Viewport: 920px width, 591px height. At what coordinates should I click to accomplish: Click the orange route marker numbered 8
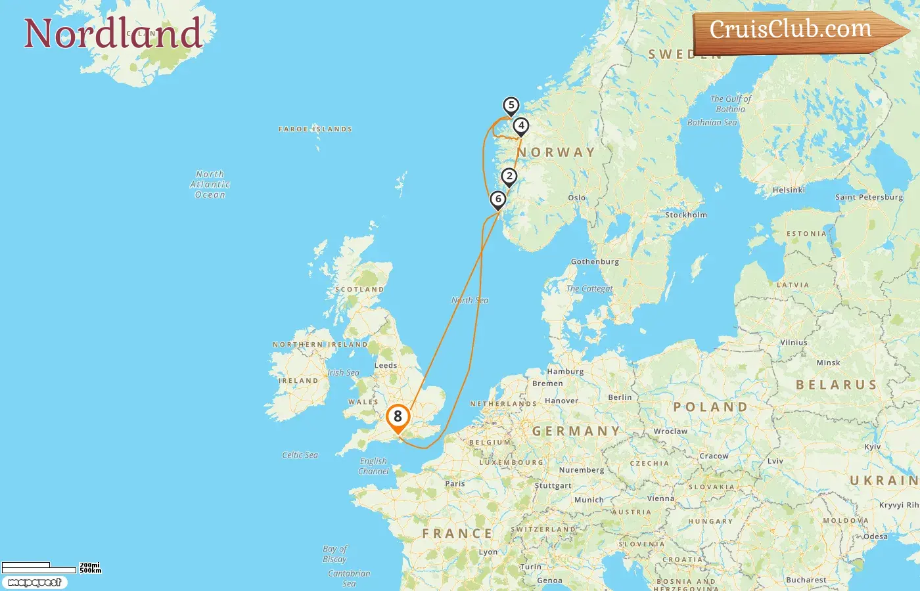point(398,416)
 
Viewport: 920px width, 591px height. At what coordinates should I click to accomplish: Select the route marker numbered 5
point(511,105)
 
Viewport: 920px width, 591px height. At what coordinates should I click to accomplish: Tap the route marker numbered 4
point(521,125)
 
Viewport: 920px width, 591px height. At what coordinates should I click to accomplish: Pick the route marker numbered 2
point(509,176)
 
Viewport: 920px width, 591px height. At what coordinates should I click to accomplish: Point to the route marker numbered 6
point(498,199)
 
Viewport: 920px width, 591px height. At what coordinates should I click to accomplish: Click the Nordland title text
point(112,33)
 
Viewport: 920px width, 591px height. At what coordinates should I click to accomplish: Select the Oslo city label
point(577,198)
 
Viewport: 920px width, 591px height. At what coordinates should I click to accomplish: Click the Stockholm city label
point(686,215)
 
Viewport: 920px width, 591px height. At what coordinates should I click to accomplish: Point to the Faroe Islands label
point(315,129)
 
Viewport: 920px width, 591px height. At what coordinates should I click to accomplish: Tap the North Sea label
point(470,300)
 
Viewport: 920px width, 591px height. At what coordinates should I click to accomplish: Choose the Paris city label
point(455,483)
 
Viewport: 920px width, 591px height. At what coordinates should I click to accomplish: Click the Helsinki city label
point(789,190)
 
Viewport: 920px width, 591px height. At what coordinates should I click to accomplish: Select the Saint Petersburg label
point(869,197)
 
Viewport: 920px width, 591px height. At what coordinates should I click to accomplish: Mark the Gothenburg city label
point(595,261)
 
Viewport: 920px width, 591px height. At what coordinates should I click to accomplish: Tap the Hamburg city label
point(565,371)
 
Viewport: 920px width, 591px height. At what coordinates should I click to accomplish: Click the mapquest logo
point(34,582)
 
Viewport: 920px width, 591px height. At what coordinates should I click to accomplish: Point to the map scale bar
point(39,567)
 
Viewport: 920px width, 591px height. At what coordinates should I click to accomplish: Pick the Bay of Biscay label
point(335,554)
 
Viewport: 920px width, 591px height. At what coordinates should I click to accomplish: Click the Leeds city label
point(386,365)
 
